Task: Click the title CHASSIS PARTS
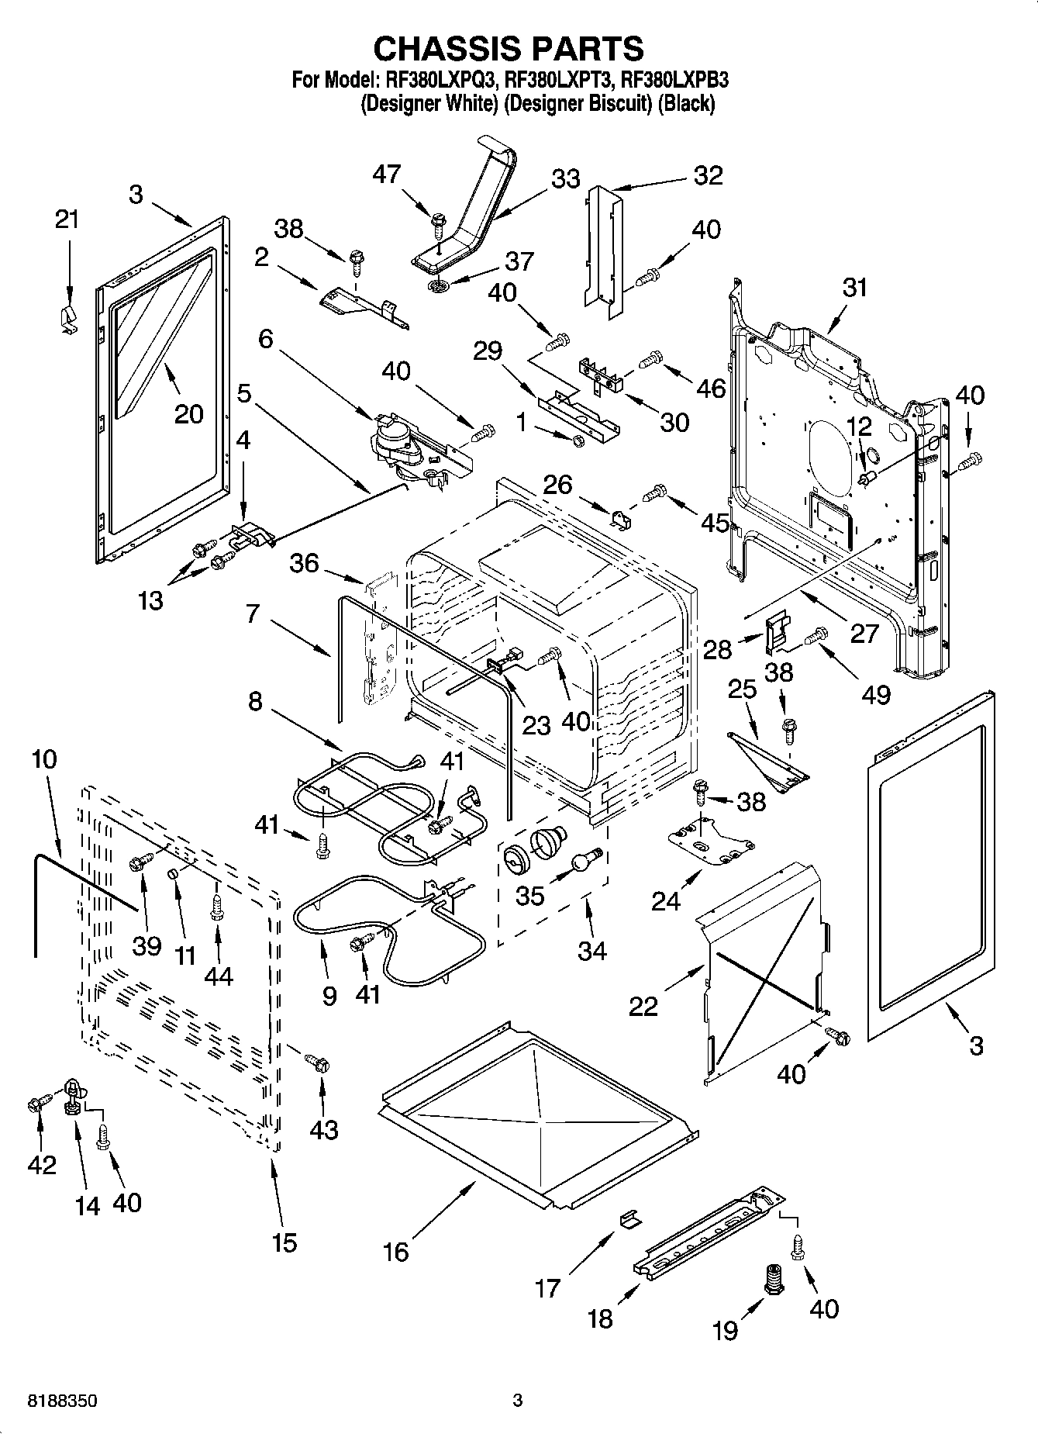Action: point(509,48)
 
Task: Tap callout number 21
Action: point(67,219)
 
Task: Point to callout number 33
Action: point(565,179)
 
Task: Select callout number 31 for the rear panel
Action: point(854,288)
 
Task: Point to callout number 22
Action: point(643,1006)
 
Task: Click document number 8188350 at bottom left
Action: point(62,1401)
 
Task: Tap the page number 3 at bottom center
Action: point(518,1401)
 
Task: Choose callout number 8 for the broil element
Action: point(255,702)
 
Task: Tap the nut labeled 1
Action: point(578,441)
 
